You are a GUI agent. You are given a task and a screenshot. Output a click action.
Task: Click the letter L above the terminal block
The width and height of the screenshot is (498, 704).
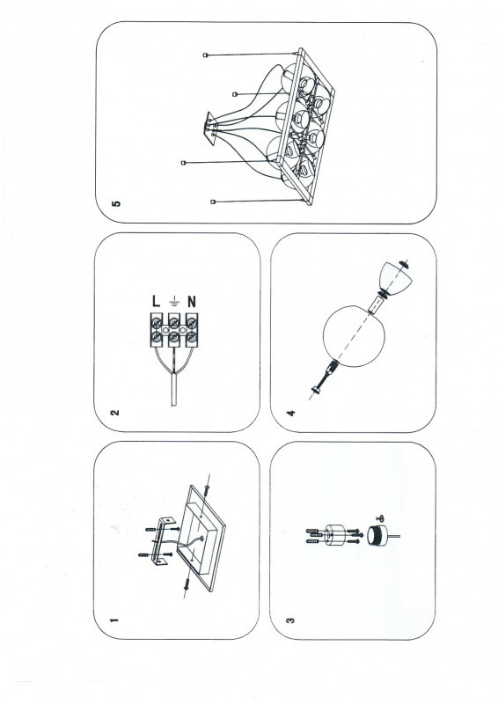156,301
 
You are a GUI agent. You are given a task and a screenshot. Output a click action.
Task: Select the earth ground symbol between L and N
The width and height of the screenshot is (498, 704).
174,301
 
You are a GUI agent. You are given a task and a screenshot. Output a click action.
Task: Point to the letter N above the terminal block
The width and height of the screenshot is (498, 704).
192,301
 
